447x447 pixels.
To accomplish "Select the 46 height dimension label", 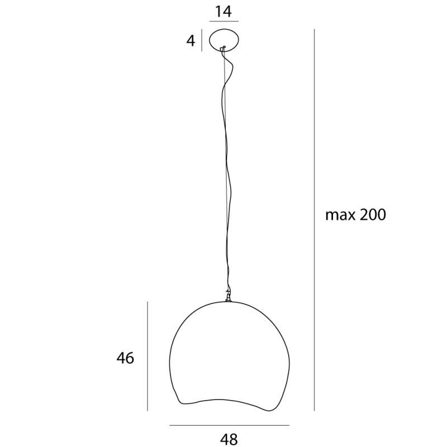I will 126,358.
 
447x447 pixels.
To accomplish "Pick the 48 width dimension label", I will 229,439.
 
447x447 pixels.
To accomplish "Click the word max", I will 340,215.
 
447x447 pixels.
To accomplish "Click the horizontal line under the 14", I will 223,21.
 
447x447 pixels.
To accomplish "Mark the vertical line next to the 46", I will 148,356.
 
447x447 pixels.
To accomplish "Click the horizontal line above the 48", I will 229,426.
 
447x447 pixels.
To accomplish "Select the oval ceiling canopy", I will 223,40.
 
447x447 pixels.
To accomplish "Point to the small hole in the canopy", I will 223,47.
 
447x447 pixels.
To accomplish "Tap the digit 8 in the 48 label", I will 234,439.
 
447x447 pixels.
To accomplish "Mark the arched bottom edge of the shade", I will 223,401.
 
